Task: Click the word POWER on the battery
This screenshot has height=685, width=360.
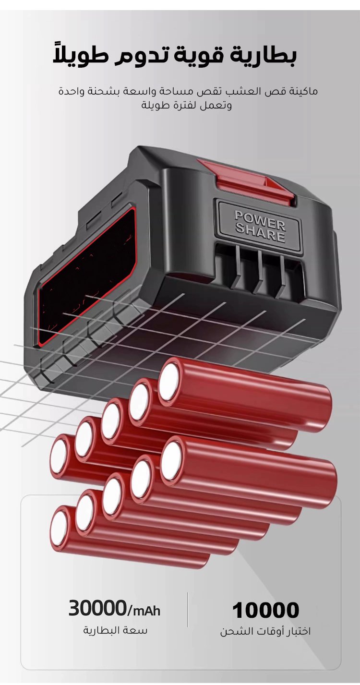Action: (260, 219)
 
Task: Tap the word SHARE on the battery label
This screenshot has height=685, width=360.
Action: (260, 234)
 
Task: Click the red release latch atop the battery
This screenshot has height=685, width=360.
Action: (247, 181)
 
